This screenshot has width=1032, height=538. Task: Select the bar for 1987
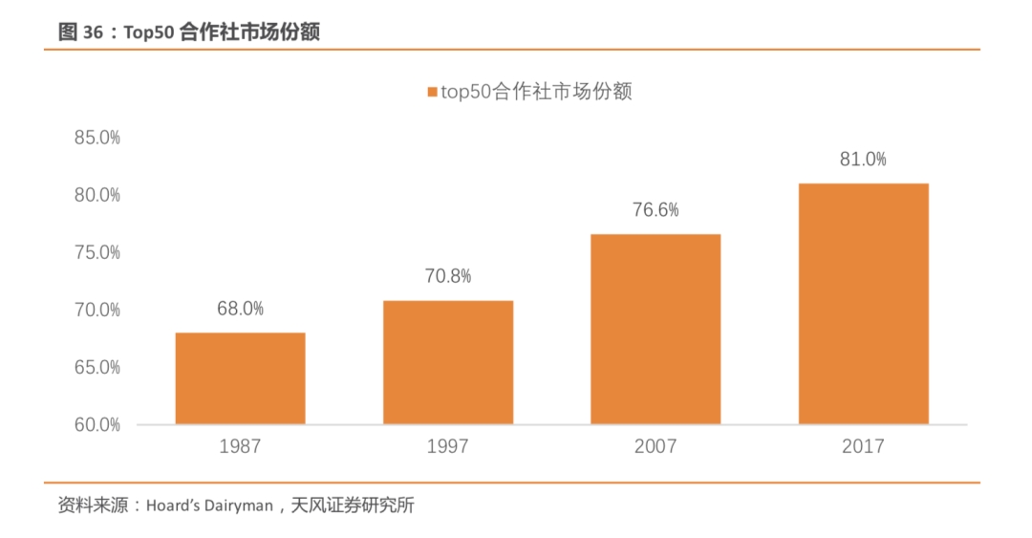[x=240, y=378]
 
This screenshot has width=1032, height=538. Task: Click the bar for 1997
[x=448, y=362]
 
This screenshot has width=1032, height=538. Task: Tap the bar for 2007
[x=656, y=329]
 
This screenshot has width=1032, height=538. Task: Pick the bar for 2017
[x=863, y=304]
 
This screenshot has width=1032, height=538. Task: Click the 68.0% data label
[x=240, y=309]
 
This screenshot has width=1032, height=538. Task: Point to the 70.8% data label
[x=448, y=276]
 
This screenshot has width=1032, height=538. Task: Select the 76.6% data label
[x=656, y=209]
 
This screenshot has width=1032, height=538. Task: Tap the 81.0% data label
[x=863, y=159]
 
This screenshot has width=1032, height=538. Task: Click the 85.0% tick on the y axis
[x=97, y=138]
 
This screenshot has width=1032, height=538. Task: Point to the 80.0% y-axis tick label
[x=97, y=195]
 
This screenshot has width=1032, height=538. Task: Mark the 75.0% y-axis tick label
[x=97, y=252]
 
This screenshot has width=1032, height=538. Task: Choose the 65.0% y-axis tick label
[x=97, y=367]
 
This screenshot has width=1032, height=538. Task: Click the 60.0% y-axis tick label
[x=97, y=424]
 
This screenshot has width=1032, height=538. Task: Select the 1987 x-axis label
[x=240, y=446]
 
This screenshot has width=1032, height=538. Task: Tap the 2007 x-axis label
[x=656, y=446]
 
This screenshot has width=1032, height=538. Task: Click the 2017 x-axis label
[x=863, y=446]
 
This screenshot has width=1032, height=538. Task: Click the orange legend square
[x=432, y=93]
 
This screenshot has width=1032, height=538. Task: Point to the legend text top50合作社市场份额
[x=536, y=92]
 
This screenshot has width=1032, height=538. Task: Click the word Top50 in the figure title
[x=151, y=32]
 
